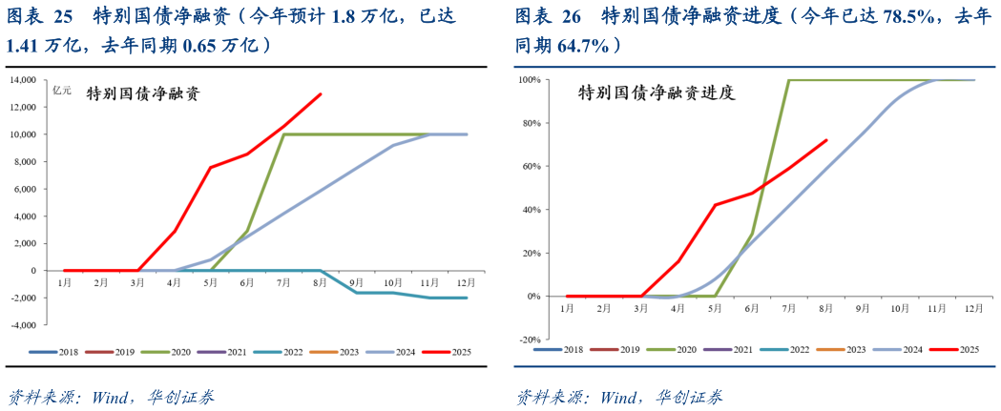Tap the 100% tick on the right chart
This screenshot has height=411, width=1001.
pos(530,80)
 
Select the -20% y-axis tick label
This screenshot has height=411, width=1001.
pos(530,339)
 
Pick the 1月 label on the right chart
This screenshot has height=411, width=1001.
pos(567,309)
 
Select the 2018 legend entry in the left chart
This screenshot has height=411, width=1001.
pos(58,352)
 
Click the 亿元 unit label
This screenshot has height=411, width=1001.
pos(62,91)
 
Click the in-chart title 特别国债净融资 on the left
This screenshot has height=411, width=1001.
pos(143,93)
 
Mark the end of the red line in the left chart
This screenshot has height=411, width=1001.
pos(321,93)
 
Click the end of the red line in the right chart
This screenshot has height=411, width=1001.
pos(826,140)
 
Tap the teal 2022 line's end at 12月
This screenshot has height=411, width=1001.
pos(467,298)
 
